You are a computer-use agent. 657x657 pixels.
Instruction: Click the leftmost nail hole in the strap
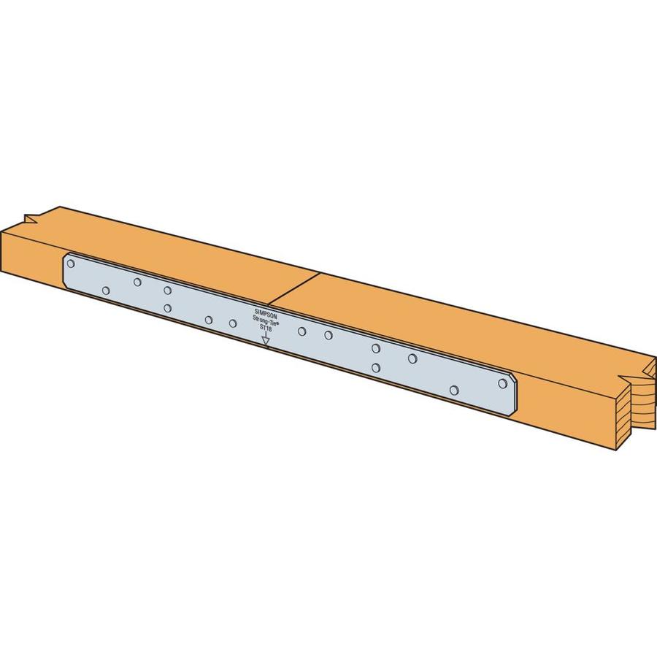tap(71, 264)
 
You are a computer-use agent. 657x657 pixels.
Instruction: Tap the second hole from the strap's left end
tap(106, 291)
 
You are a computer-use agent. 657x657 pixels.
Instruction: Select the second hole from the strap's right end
tap(454, 391)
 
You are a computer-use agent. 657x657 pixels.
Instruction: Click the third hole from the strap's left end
tap(137, 282)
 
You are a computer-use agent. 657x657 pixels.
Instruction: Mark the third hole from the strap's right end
tap(412, 358)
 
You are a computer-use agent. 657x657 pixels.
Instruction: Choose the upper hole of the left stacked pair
tap(168, 290)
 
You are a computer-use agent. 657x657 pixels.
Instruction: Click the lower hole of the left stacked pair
tap(168, 308)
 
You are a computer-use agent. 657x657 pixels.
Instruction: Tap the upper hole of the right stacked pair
tap(375, 348)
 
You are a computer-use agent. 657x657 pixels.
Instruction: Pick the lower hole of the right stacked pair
tap(375, 368)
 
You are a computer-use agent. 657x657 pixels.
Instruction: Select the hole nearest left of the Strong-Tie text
tap(233, 323)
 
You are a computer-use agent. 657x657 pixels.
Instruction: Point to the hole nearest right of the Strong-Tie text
tap(301, 331)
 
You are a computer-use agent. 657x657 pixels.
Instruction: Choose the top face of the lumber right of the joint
tap(438, 321)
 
